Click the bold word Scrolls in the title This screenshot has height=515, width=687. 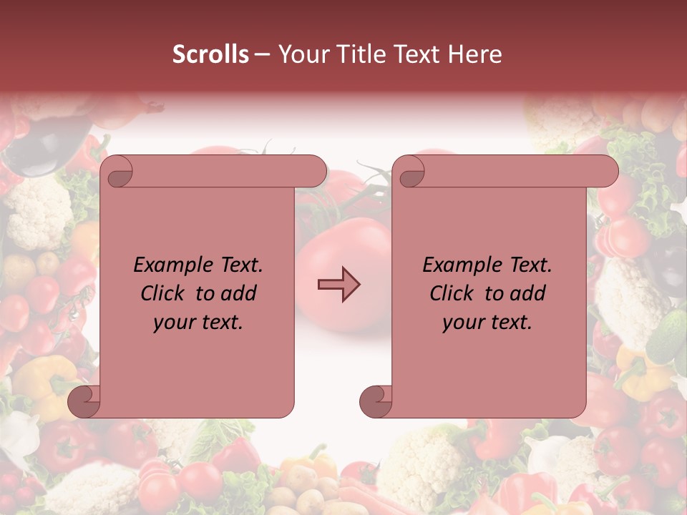(211, 54)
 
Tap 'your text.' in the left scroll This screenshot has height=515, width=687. (198, 322)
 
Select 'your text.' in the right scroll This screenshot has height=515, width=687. (487, 322)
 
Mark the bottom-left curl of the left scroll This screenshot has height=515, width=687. (83, 401)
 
